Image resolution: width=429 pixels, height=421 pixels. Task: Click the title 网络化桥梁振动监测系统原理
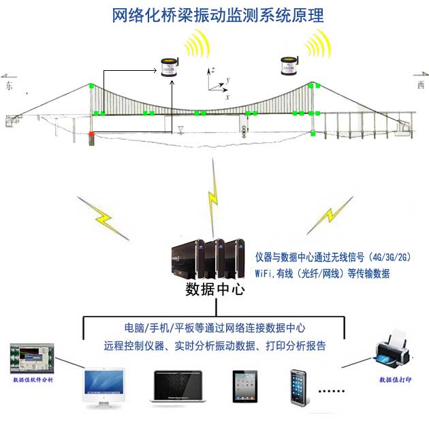[218, 15]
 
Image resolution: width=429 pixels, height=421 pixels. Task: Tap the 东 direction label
[9, 87]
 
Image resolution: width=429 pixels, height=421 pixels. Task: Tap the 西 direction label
[420, 85]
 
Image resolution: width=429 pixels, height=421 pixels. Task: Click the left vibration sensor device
[168, 68]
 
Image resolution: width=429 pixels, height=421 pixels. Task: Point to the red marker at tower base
[92, 135]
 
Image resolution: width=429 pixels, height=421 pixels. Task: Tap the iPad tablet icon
[243, 387]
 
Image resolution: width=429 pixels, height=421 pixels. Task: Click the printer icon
[394, 347]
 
